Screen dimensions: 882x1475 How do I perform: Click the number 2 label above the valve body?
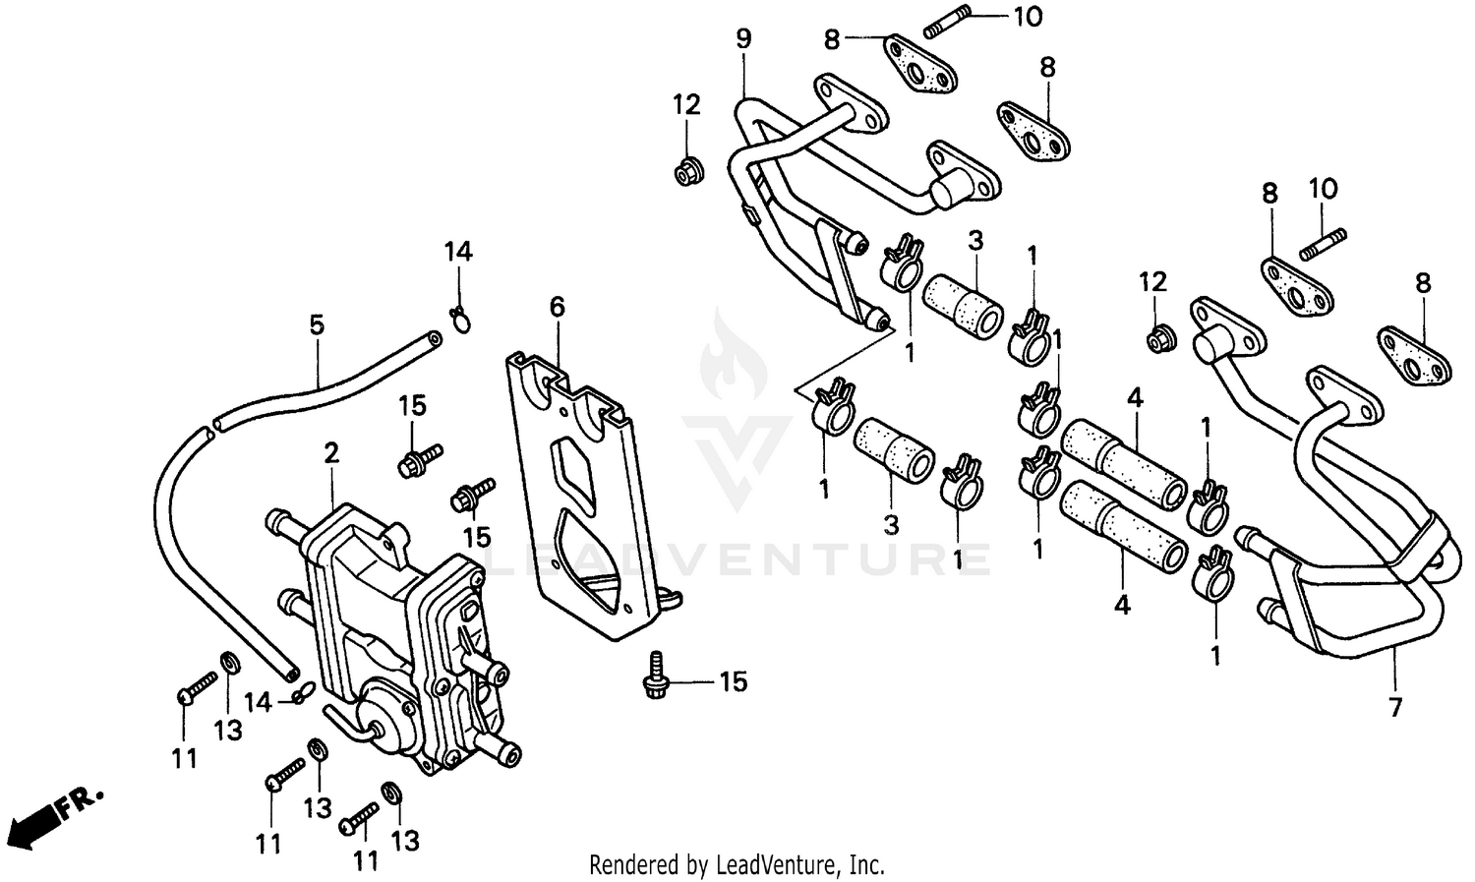point(331,453)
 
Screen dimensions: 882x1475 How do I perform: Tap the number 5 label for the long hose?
point(317,324)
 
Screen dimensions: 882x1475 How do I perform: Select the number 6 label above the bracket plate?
point(558,307)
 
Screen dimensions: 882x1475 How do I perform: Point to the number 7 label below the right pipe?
point(1395,706)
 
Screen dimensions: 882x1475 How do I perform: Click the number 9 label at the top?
point(743,39)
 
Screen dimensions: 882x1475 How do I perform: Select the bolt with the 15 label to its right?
point(654,679)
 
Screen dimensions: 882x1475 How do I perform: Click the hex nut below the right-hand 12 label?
point(1157,340)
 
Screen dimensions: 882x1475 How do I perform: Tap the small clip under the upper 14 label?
point(458,318)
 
